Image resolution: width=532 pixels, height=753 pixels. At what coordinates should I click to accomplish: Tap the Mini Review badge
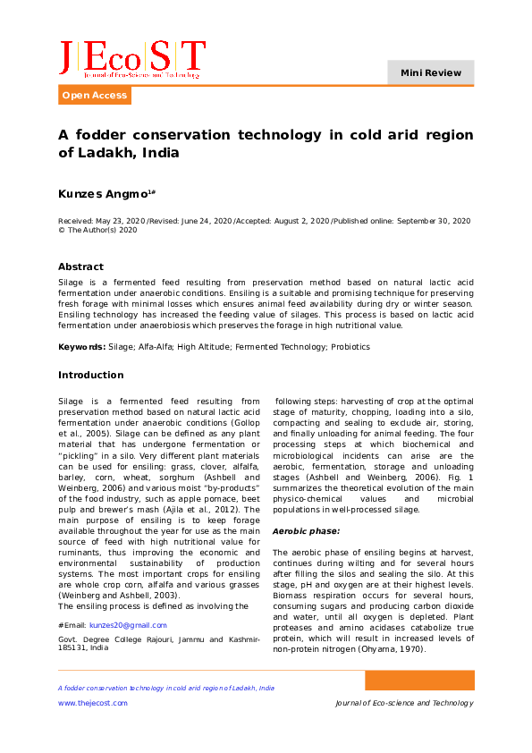431,72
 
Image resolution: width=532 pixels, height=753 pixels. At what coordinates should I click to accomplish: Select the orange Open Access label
95,96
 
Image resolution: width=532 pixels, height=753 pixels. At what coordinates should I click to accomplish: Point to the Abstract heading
80,267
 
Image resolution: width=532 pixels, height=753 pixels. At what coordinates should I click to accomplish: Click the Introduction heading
91,375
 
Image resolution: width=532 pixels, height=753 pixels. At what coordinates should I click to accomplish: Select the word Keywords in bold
81,346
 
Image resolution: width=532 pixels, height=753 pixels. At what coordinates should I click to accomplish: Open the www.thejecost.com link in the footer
93,703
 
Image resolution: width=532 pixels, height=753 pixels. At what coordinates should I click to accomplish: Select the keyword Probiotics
350,346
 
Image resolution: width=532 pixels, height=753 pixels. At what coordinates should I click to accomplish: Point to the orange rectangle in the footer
418,681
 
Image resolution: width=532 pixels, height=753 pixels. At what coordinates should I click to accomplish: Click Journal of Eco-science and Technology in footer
404,703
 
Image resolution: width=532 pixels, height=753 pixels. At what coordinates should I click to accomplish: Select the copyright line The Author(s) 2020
101,230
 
